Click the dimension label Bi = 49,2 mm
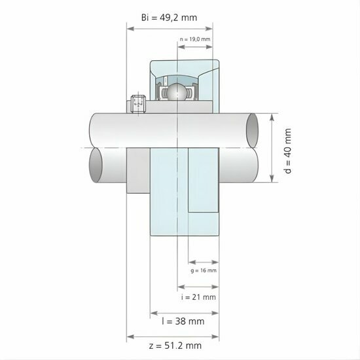pyautogui.click(x=169, y=18)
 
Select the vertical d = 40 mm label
pyautogui.click(x=288, y=150)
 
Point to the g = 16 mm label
pyautogui.click(x=204, y=270)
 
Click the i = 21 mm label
pyautogui.click(x=198, y=297)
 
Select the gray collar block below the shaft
pyautogui.click(x=138, y=171)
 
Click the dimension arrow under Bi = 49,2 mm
pyautogui.click(x=169, y=28)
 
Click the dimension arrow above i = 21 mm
pyautogui.click(x=197, y=287)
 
